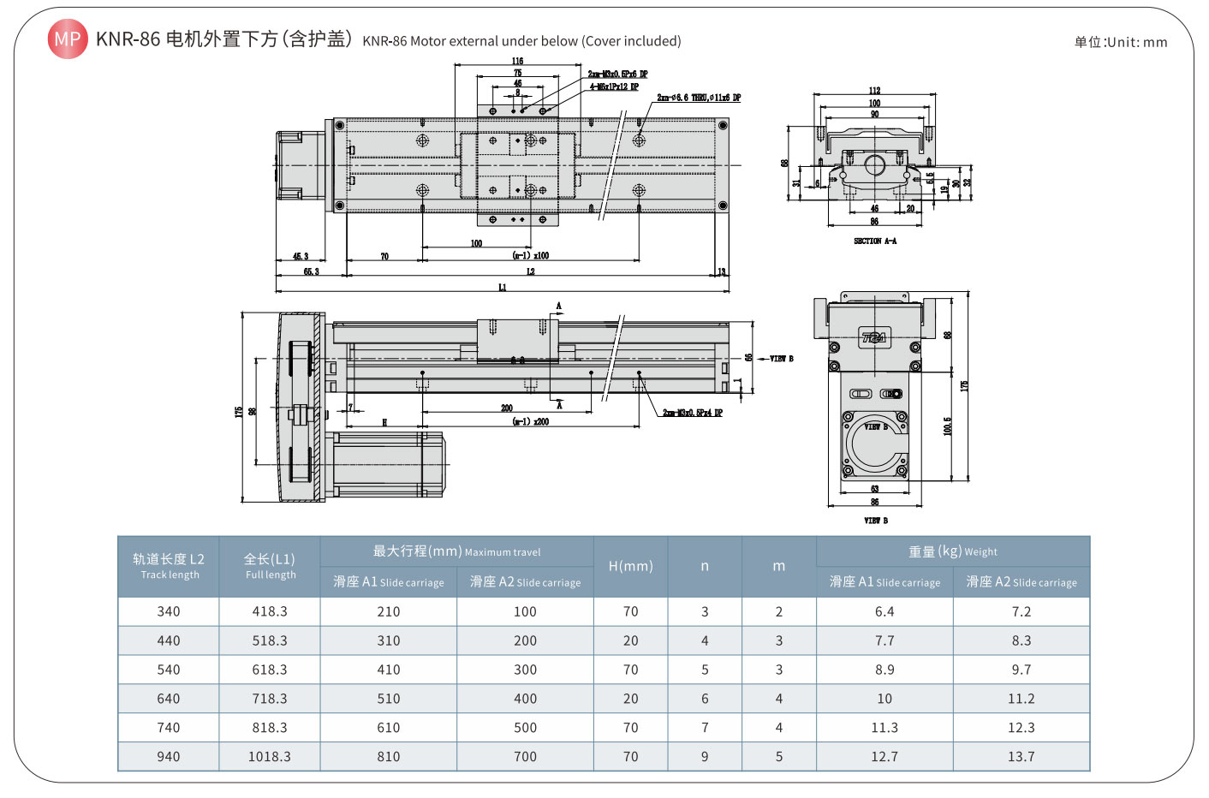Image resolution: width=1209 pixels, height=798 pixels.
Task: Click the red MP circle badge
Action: (x=67, y=39)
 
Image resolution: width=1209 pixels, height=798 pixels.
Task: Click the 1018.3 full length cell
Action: (x=270, y=757)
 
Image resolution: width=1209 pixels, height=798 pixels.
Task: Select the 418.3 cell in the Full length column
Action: (x=270, y=611)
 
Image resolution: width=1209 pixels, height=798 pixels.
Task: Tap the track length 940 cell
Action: (x=169, y=757)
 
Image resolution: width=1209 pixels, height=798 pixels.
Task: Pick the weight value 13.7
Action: (x=1021, y=757)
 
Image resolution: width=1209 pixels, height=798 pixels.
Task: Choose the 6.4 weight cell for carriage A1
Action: (x=884, y=611)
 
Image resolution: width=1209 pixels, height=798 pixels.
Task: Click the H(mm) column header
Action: (x=630, y=566)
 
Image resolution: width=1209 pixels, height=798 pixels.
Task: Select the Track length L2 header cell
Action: (x=169, y=566)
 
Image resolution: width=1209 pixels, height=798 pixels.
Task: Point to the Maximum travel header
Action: (x=456, y=551)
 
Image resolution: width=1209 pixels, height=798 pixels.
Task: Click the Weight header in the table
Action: (x=953, y=551)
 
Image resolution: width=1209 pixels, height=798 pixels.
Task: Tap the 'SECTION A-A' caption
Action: (x=874, y=241)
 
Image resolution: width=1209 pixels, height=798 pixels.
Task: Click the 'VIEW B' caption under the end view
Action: (x=875, y=521)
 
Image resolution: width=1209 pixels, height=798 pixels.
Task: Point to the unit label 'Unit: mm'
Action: (x=1121, y=42)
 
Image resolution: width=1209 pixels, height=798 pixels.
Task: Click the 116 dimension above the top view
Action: (x=517, y=61)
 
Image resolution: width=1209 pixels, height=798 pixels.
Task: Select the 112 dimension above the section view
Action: (x=874, y=90)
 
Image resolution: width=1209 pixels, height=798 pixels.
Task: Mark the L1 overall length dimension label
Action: (x=503, y=288)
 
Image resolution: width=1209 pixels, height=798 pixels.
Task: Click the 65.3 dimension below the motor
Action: (x=311, y=271)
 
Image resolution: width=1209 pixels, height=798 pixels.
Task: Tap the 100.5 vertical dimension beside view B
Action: (x=947, y=426)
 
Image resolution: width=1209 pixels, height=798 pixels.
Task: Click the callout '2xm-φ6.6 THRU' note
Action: (x=699, y=98)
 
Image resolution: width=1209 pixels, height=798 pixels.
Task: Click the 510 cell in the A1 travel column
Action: (x=389, y=699)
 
